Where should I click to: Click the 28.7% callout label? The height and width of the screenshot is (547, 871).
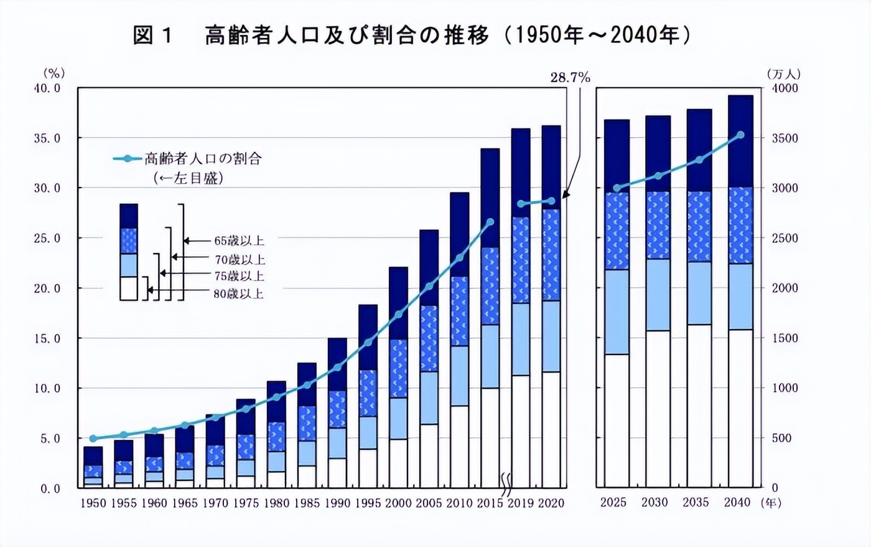point(570,77)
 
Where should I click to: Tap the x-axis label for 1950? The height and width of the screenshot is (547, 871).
point(93,503)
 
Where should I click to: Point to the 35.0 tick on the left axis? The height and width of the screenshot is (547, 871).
point(47,138)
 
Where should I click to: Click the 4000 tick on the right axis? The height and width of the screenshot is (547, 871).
point(785,88)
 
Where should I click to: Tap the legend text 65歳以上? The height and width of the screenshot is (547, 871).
point(239,241)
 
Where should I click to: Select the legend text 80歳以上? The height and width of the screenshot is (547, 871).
point(239,293)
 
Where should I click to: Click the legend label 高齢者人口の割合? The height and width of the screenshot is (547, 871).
point(203,159)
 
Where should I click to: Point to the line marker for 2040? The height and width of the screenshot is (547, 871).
point(740,135)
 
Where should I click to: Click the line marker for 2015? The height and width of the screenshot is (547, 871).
point(490,222)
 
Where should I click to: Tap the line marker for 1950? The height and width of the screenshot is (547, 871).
point(93,439)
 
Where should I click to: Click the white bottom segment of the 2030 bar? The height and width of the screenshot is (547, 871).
point(658,408)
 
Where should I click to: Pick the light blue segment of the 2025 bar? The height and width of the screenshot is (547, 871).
point(617,312)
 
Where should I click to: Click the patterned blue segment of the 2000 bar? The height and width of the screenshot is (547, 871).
point(399,368)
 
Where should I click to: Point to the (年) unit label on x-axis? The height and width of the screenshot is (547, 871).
point(771,503)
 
